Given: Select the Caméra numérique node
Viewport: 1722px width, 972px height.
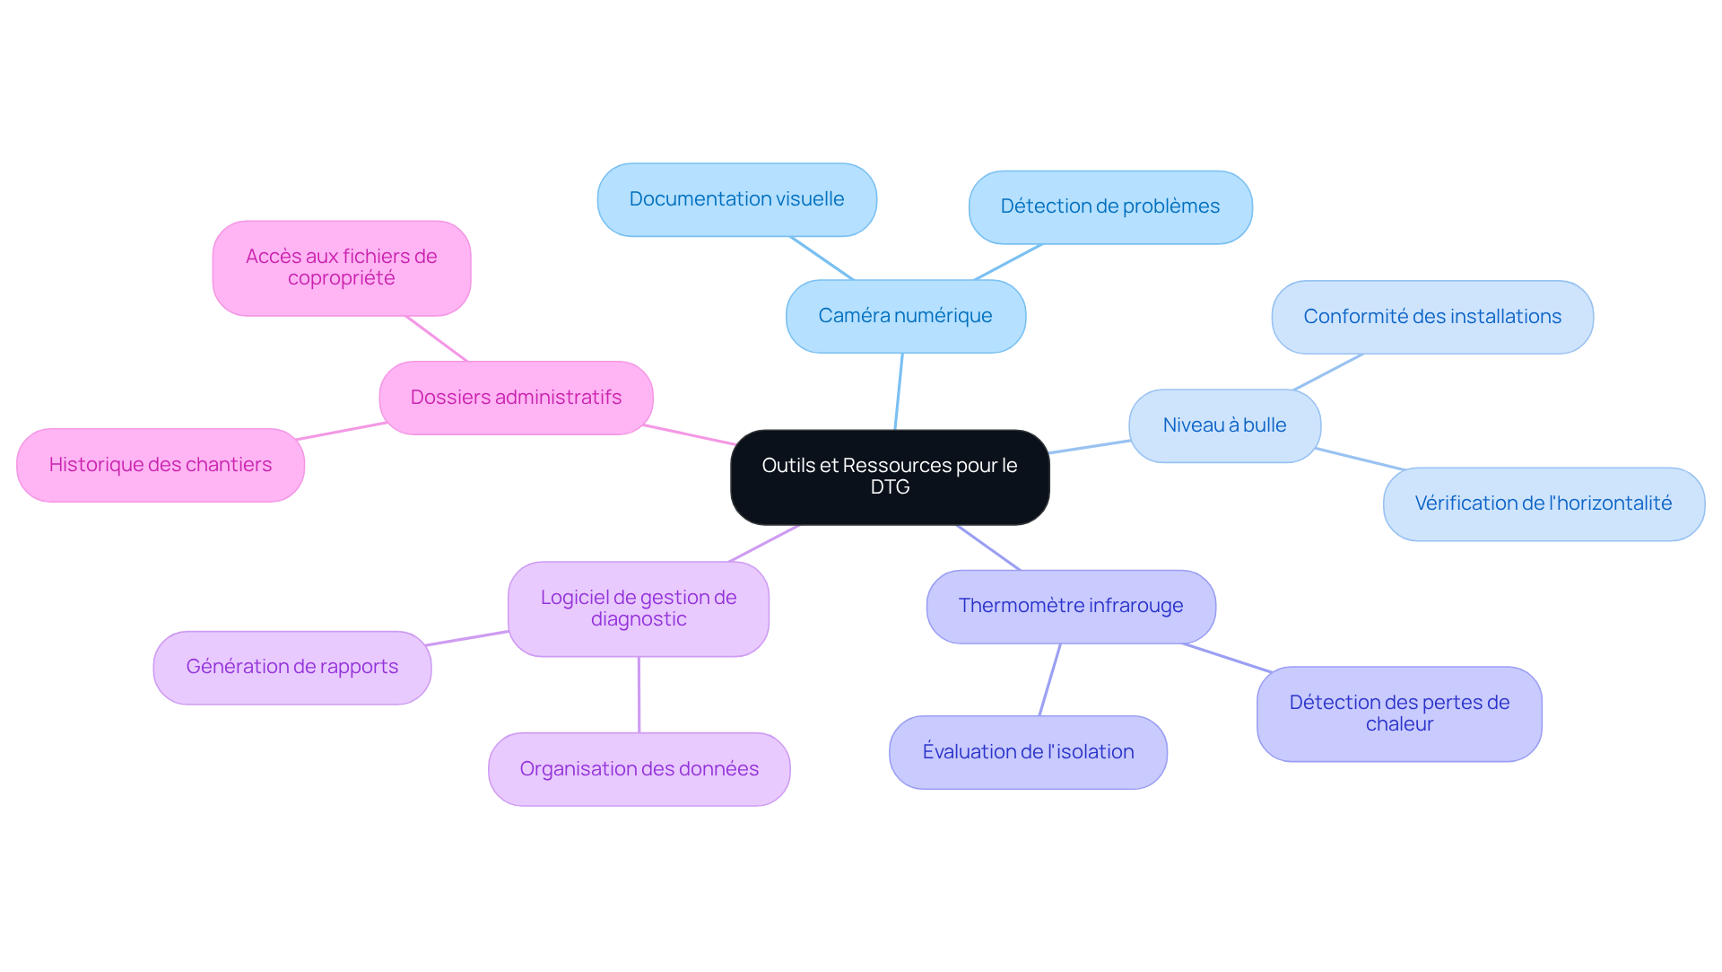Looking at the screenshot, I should tap(905, 316).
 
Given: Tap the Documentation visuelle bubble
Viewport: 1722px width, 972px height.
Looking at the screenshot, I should tap(736, 199).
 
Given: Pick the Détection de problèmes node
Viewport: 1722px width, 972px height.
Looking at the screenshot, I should tap(1109, 206).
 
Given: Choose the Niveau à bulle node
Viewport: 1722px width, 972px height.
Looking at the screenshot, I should tap(1223, 425).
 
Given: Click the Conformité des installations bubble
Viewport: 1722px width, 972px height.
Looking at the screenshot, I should tap(1431, 317).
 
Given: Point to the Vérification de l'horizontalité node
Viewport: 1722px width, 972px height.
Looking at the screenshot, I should tap(1543, 504).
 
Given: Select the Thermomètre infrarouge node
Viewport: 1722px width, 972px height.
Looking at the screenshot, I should tap(1070, 606).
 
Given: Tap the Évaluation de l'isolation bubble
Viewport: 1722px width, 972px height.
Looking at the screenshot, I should tap(1028, 752).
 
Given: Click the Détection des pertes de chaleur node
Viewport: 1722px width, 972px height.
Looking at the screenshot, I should tap(1398, 714).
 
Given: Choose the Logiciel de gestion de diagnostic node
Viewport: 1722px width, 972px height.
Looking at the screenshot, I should tap(638, 609).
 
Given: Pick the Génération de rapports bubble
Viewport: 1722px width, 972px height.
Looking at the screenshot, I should tap(291, 667).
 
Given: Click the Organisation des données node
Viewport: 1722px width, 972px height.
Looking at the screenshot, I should tap(639, 769).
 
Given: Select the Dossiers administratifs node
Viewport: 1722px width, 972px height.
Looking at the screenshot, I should tap(516, 398).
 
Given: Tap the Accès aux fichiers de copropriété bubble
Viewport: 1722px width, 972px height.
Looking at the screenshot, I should tap(341, 267).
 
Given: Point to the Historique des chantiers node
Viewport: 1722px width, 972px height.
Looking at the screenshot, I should tap(160, 465).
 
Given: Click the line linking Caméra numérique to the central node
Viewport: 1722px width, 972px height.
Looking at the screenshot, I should tap(899, 391).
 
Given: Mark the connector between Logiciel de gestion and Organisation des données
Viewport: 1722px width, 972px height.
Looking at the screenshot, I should tap(639, 695).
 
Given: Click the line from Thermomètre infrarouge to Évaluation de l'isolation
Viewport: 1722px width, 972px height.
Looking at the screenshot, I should tap(1049, 679).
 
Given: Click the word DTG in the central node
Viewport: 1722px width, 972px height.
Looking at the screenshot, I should tap(890, 487).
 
